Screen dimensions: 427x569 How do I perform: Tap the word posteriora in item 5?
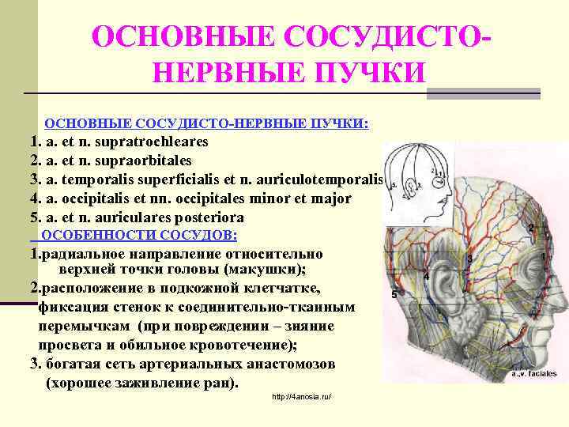[x=208, y=217]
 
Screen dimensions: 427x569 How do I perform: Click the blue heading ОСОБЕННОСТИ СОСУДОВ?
[x=138, y=236]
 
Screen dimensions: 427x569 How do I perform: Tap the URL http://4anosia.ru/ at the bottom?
[x=301, y=396]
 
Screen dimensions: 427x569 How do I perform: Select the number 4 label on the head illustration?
[x=426, y=277]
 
